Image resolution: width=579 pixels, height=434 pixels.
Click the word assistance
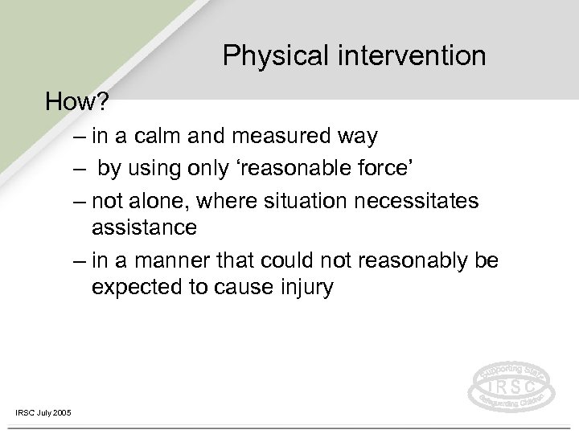tap(144, 228)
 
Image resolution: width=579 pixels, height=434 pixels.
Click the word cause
tap(237, 287)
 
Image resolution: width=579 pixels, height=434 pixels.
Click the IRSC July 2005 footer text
tap(43, 412)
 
